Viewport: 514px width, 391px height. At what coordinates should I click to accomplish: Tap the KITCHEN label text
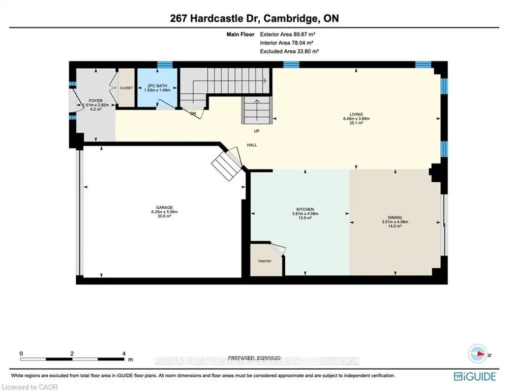click(305, 209)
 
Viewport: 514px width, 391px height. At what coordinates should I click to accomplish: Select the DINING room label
click(395, 217)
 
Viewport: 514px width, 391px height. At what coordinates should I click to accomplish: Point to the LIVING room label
click(355, 114)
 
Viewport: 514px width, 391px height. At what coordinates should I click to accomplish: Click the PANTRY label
click(264, 261)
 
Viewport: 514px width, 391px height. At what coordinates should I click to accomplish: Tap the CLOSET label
click(126, 88)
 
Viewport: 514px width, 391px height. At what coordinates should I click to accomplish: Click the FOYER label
click(96, 100)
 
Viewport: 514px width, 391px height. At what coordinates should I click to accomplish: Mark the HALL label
click(252, 145)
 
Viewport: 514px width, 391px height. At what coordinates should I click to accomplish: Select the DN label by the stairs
click(193, 114)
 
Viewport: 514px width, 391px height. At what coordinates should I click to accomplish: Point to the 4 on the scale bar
click(124, 353)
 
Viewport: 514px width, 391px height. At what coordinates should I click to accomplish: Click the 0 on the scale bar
click(21, 353)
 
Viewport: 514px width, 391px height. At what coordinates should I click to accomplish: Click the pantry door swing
click(278, 250)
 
